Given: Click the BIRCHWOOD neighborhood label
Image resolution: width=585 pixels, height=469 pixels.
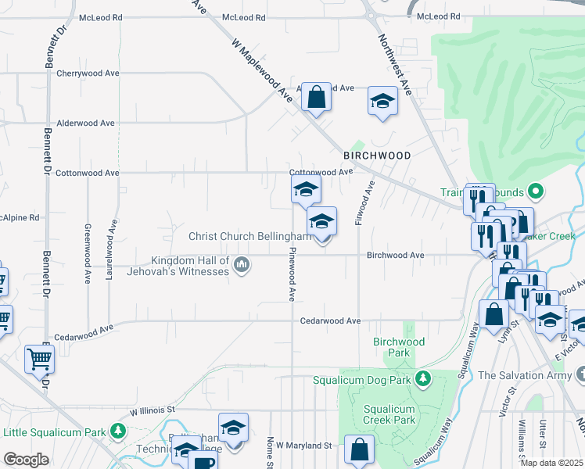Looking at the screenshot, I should point(377,156).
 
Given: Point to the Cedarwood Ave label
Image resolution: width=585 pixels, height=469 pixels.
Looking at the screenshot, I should point(331,320).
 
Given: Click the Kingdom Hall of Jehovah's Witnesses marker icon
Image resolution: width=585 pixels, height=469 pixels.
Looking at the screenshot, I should point(242,266).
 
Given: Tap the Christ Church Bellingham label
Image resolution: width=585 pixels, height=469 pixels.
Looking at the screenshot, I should point(249,236).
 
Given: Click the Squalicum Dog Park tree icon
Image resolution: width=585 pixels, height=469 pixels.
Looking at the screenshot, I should point(423,379).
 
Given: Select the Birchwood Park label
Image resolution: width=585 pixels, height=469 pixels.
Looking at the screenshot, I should point(399,347).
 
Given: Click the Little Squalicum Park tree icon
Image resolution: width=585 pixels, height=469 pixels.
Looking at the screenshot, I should point(117,431).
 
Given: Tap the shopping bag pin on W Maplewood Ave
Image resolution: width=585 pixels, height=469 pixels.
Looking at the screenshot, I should point(317,98).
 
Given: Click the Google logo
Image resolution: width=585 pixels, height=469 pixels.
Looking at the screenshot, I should point(27,459).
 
